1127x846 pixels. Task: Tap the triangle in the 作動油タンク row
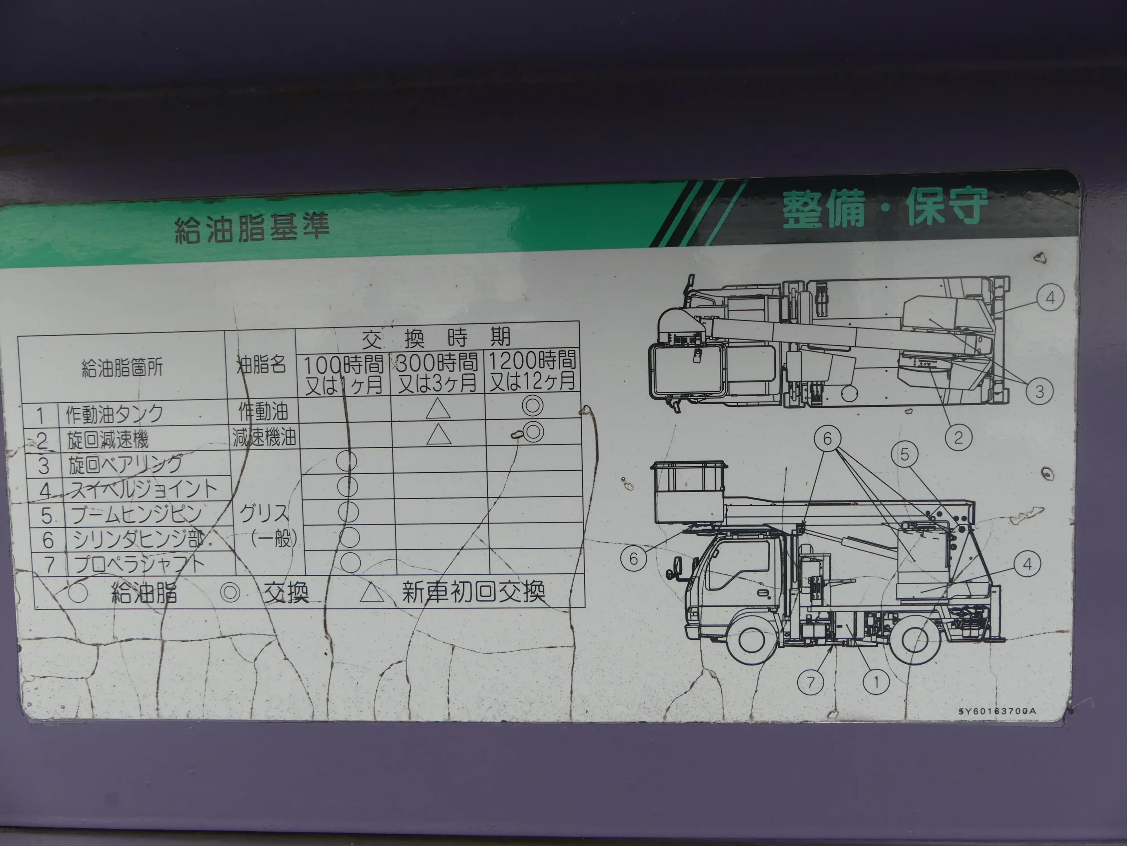(438, 408)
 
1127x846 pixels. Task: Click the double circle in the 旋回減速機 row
(533, 432)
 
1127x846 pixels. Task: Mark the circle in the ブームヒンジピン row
(348, 512)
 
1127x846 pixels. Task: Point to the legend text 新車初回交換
(473, 592)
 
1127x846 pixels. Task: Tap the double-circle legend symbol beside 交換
(230, 592)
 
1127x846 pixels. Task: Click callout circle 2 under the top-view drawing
(958, 438)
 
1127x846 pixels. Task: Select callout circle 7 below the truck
(811, 682)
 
